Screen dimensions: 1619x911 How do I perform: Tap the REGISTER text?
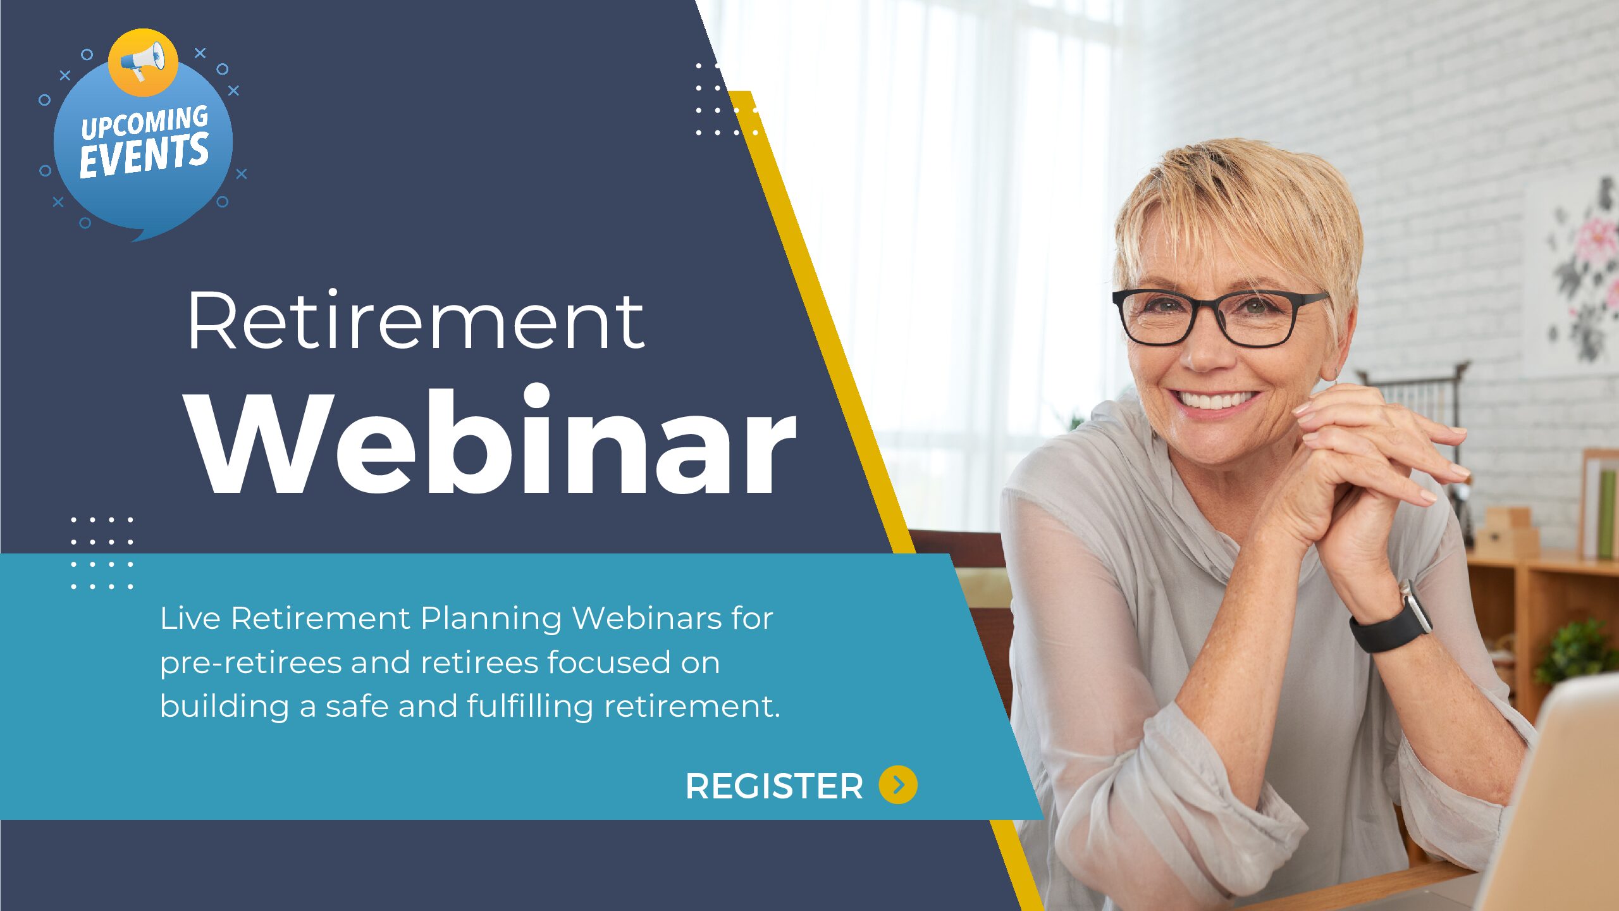[774, 786]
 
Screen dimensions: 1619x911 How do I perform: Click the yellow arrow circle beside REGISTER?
[898, 785]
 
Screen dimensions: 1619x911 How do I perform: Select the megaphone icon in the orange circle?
[143, 61]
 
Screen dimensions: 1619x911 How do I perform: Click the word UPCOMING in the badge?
[145, 122]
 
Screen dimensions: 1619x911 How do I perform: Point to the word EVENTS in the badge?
[144, 156]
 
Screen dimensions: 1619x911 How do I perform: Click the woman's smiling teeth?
[1213, 399]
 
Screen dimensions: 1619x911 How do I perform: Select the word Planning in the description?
[491, 619]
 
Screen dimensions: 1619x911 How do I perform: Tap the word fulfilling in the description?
[530, 706]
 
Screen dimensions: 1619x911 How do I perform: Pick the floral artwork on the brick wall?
[1581, 272]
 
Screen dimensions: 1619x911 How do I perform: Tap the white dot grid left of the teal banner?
[102, 553]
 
